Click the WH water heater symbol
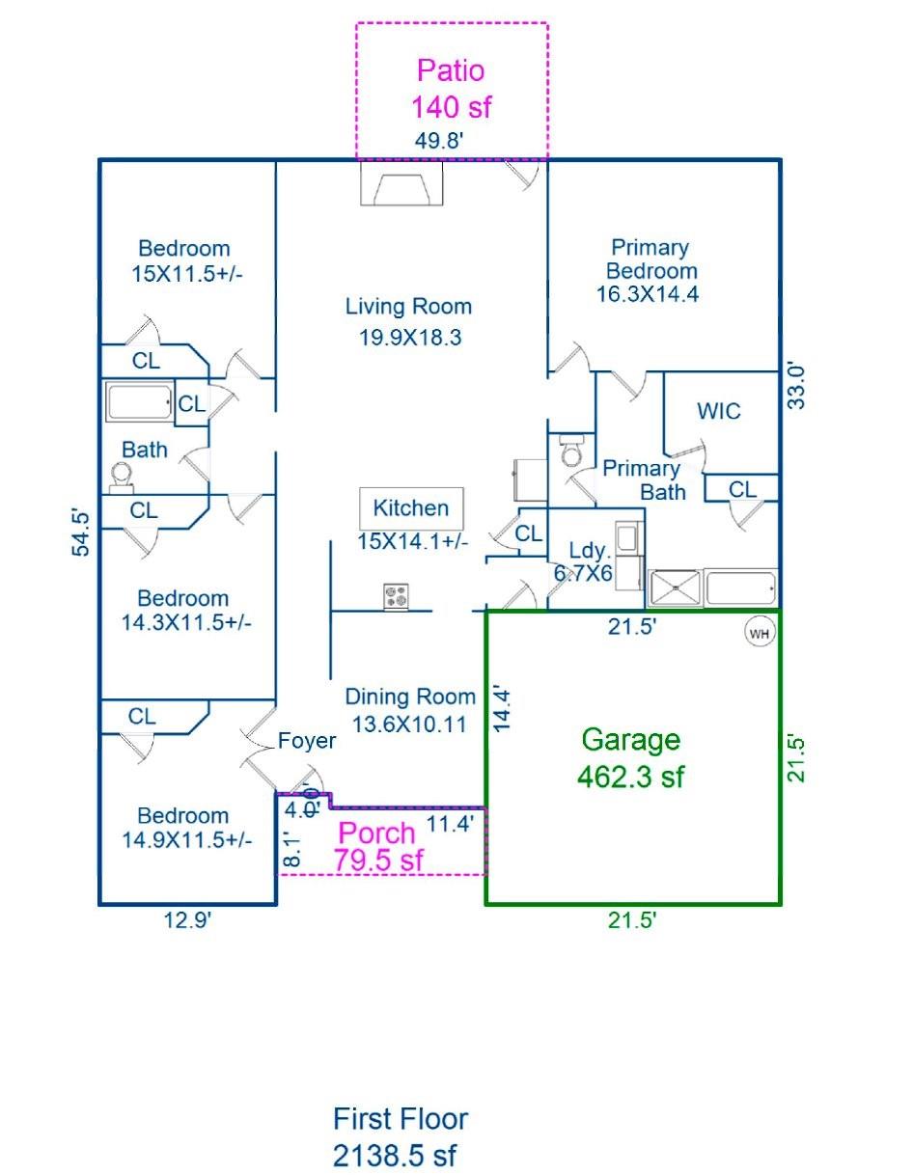click(759, 634)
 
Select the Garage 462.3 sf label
click(630, 757)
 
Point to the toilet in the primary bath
click(571, 451)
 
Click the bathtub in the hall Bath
click(140, 401)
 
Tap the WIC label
click(719, 412)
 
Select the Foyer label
click(306, 741)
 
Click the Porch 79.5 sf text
click(377, 846)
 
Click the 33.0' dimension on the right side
click(795, 385)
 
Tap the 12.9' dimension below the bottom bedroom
click(186, 921)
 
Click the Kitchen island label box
click(411, 507)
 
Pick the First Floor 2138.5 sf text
click(400, 1136)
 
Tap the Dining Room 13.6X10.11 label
click(410, 709)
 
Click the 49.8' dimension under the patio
click(439, 141)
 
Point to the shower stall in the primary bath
click(676, 587)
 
